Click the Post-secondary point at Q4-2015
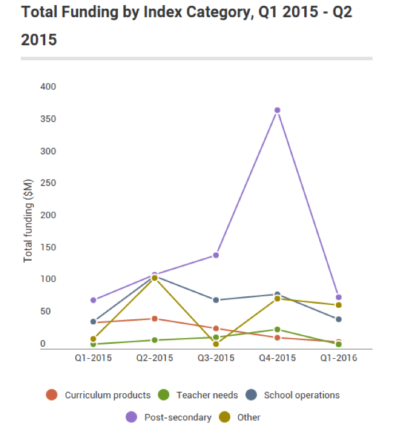(277, 110)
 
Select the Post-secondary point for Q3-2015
(216, 255)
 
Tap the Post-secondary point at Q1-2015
(93, 300)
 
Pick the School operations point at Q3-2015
(216, 300)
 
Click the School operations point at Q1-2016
(339, 319)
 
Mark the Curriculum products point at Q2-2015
(154, 319)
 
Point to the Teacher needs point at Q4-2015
(277, 330)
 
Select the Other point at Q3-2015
(216, 344)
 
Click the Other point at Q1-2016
(339, 305)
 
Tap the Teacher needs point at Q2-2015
(154, 340)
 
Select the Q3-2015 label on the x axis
(216, 358)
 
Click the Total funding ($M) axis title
(28, 221)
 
